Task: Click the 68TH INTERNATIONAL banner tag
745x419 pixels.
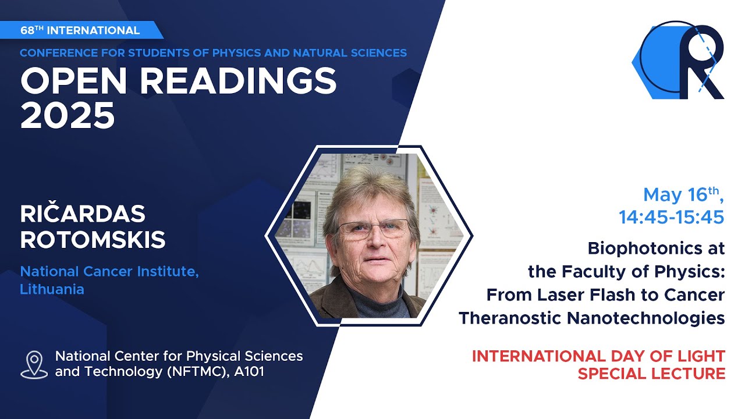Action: tap(80, 30)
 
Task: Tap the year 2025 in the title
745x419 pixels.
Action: tap(68, 115)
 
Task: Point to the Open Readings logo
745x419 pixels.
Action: tap(678, 60)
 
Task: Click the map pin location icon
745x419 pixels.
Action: tap(34, 364)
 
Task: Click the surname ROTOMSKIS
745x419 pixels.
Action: tap(93, 240)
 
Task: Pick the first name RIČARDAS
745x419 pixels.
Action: tap(82, 214)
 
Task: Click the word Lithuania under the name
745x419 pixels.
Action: tap(52, 289)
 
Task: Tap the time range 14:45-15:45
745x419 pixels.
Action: tap(672, 217)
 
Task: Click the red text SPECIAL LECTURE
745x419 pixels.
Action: tap(651, 374)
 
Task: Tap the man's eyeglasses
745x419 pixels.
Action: tap(372, 228)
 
